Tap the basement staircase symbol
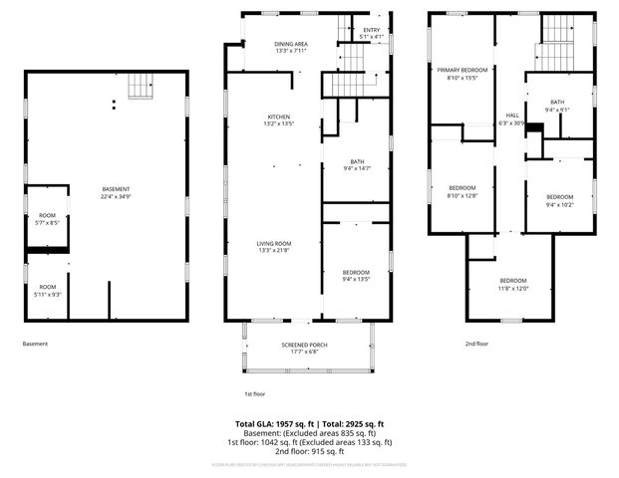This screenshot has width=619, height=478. [144, 91]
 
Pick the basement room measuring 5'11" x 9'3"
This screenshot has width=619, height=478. [48, 289]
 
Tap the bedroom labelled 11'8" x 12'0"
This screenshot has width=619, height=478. [513, 284]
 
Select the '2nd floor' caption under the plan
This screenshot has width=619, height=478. [476, 344]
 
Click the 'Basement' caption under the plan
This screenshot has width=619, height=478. [35, 344]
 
